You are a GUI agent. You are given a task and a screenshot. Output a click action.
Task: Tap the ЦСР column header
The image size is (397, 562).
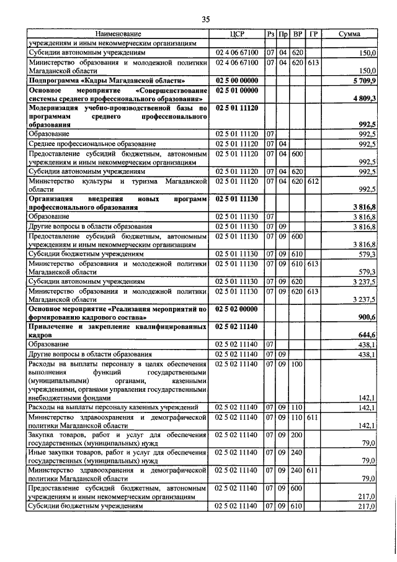(x=238, y=34)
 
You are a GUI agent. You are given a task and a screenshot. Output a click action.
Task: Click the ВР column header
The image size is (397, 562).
(x=297, y=34)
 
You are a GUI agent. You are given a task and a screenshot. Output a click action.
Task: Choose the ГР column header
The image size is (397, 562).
(x=313, y=34)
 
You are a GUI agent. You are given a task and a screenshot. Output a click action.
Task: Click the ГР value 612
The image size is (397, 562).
(x=313, y=180)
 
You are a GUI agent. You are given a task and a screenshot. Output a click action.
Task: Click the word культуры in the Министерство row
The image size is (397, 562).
(x=91, y=180)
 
